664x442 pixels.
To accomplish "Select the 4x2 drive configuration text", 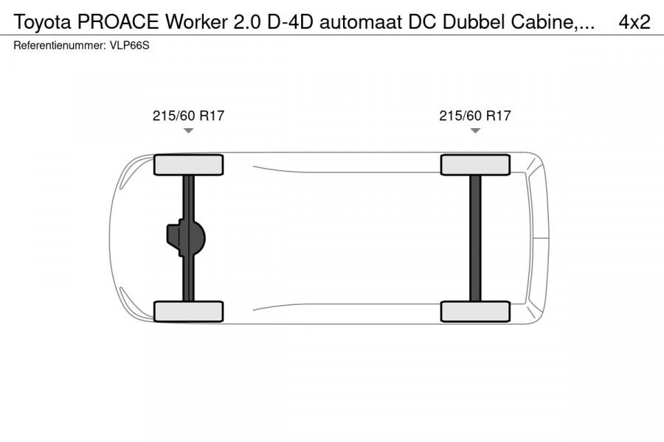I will click(x=634, y=22).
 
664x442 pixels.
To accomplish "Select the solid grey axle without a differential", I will click(x=475, y=238).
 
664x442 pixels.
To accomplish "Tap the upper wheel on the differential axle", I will click(x=189, y=164).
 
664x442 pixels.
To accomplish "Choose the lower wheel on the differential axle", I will click(x=189, y=311).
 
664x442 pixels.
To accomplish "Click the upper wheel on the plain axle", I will click(x=475, y=164).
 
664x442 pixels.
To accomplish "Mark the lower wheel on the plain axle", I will click(x=475, y=311).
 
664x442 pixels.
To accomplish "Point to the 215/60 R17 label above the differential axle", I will click(x=188, y=116).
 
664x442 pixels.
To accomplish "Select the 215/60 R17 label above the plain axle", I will click(x=475, y=116).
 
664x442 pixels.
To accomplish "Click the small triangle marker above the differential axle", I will click(x=188, y=130).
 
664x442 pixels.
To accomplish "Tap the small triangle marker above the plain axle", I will click(x=475, y=130).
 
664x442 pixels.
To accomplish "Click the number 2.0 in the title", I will click(x=243, y=22).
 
